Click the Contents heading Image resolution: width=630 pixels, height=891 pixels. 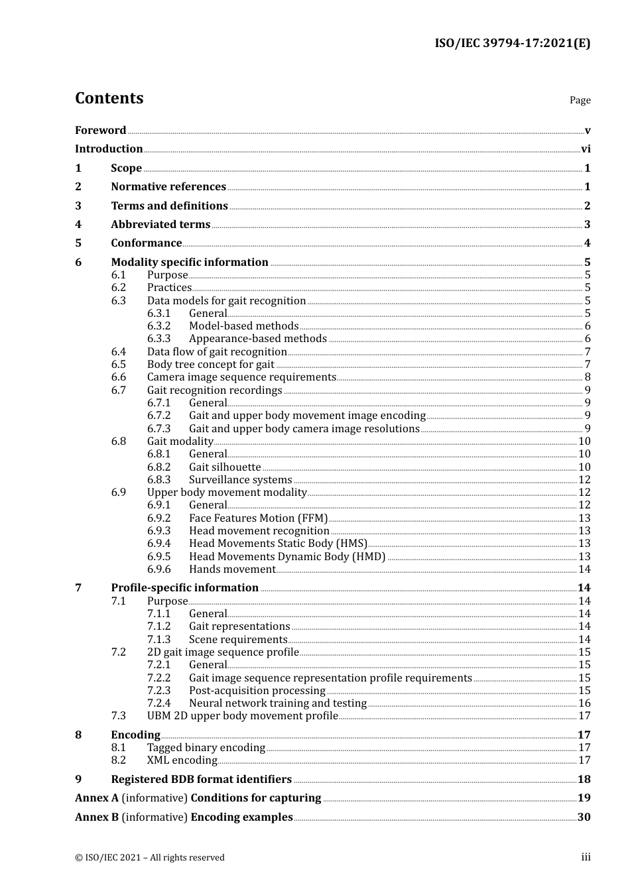tap(109, 98)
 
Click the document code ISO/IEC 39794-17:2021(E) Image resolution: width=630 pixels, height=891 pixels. tap(512, 44)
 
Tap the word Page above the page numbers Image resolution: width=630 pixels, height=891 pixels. tap(580, 100)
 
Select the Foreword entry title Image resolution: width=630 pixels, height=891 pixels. tap(100, 131)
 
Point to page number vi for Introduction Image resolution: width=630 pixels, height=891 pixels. tap(586, 149)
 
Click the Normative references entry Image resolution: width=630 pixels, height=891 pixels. tap(168, 187)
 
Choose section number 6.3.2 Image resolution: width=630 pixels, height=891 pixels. tap(158, 326)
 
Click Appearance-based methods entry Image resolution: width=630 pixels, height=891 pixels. tap(257, 339)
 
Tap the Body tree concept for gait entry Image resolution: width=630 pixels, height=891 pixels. tap(210, 365)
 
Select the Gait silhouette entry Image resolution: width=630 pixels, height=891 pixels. tap(225, 467)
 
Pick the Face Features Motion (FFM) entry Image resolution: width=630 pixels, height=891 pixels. tap(258, 518)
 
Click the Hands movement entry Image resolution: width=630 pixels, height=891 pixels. tap(231, 569)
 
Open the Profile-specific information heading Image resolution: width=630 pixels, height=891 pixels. tap(184, 588)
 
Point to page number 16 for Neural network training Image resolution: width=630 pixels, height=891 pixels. tap(584, 703)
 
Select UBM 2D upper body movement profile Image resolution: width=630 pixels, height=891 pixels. tap(242, 716)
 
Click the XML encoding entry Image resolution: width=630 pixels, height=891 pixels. tap(182, 760)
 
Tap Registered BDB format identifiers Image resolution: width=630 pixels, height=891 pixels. tap(201, 780)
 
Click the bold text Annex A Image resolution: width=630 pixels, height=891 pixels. tap(97, 798)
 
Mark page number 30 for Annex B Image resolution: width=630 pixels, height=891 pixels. tap(584, 817)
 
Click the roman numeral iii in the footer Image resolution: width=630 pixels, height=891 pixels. tap(586, 857)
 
